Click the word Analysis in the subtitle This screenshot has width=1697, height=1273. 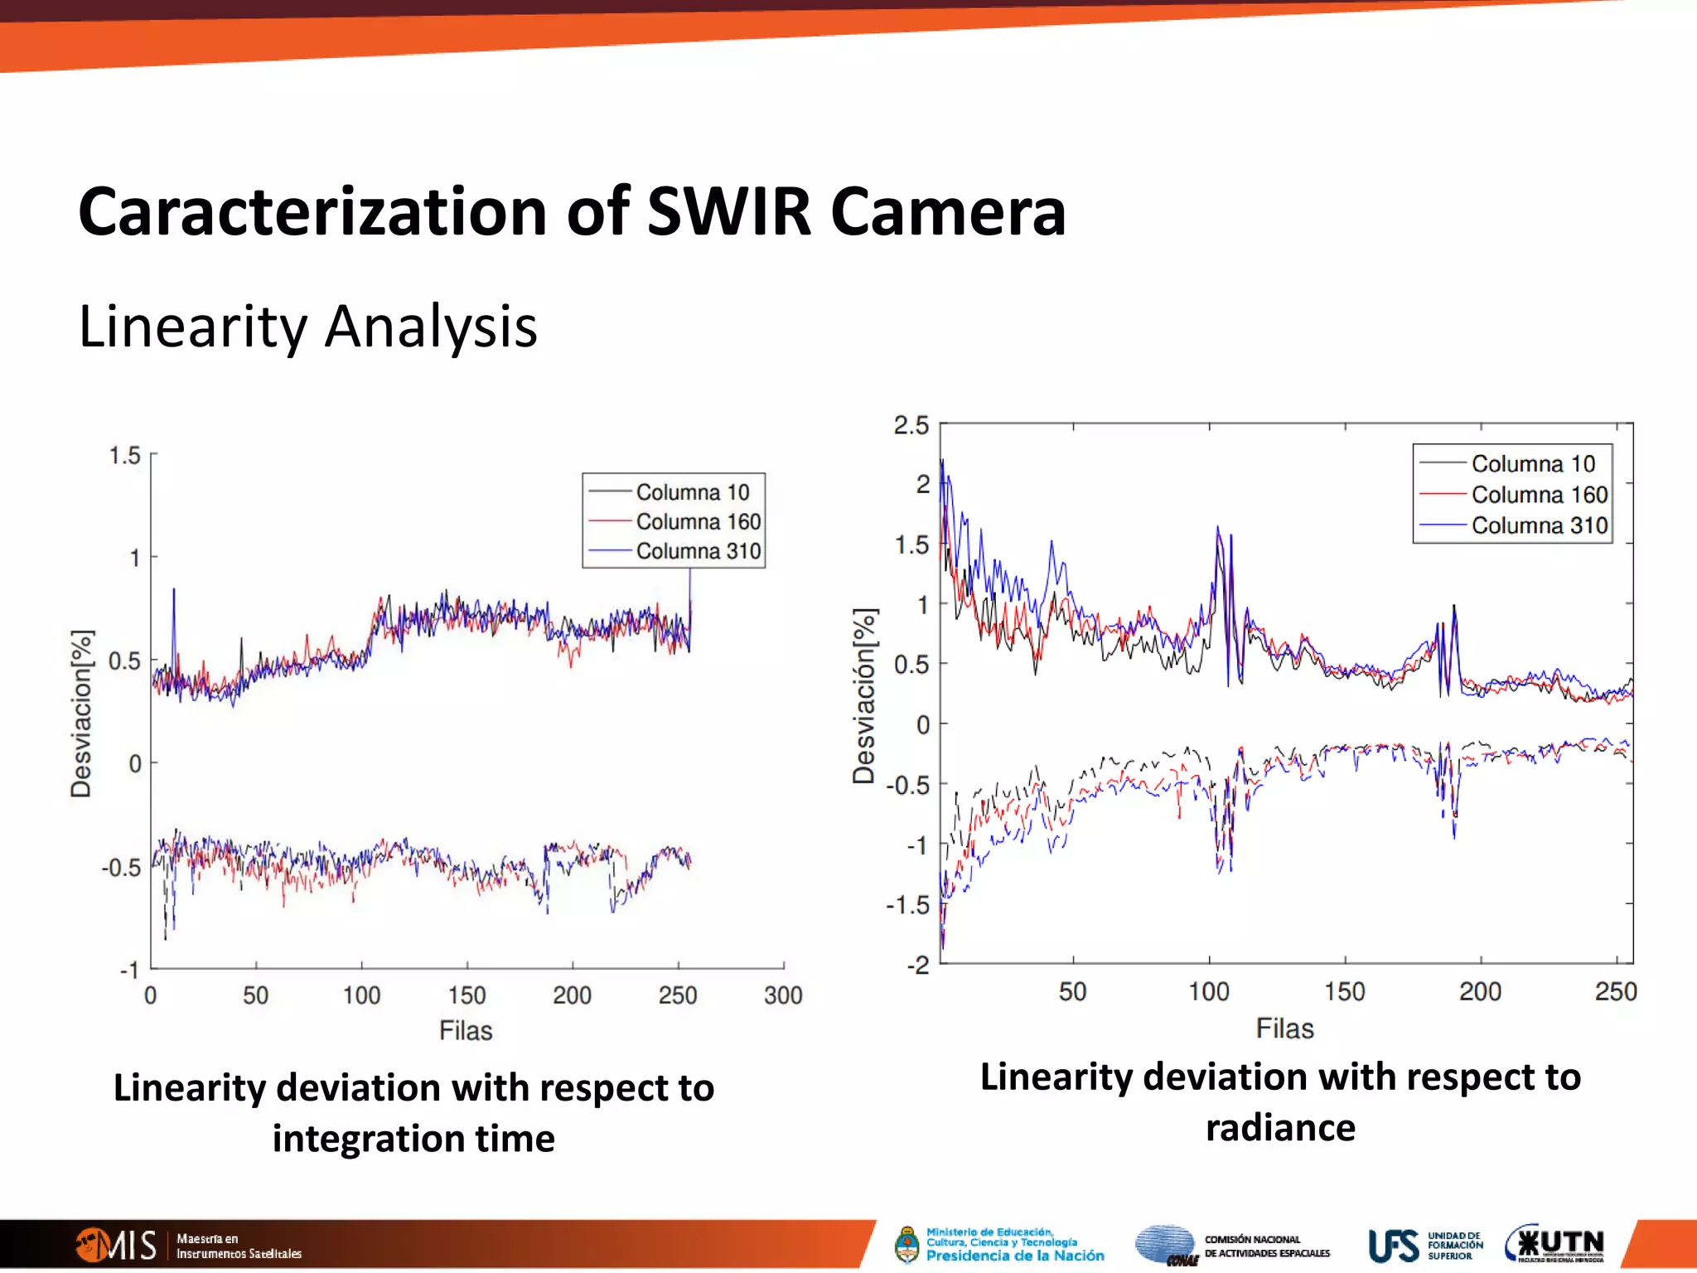pyautogui.click(x=430, y=327)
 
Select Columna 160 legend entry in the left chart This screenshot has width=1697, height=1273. pyautogui.click(x=698, y=521)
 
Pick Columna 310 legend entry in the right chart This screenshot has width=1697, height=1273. pyautogui.click(x=1539, y=525)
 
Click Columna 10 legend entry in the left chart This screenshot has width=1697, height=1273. pyautogui.click(x=692, y=492)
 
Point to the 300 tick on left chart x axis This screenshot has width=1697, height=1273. pyautogui.click(x=783, y=995)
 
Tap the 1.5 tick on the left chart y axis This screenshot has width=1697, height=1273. pyautogui.click(x=125, y=455)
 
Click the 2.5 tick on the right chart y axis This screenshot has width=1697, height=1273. pyautogui.click(x=911, y=426)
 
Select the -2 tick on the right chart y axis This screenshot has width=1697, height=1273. pyautogui.click(x=917, y=965)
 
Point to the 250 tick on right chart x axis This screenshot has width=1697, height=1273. pyautogui.click(x=1616, y=991)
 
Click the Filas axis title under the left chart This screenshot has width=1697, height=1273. pyautogui.click(x=466, y=1030)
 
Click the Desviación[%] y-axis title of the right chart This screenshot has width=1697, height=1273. pyautogui.click(x=864, y=696)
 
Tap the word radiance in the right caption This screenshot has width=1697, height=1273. pyautogui.click(x=1280, y=1128)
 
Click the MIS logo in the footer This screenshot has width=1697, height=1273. pyautogui.click(x=116, y=1245)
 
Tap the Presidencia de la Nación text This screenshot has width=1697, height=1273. pyautogui.click(x=1014, y=1256)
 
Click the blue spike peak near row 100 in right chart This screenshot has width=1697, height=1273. pyautogui.click(x=1217, y=527)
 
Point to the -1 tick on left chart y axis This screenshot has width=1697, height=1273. pyautogui.click(x=129, y=970)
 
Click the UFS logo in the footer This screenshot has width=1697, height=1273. pyautogui.click(x=1394, y=1246)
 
